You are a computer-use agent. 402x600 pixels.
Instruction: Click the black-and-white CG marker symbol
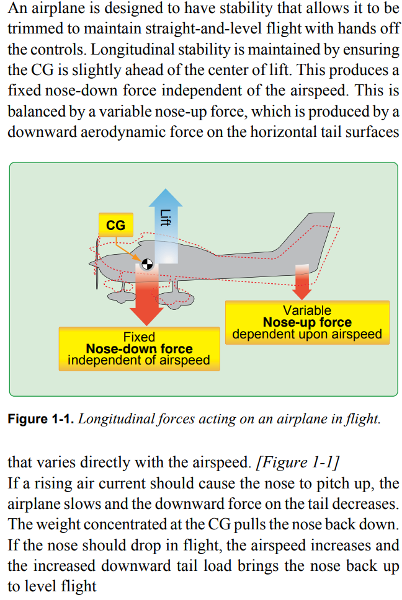[x=146, y=265]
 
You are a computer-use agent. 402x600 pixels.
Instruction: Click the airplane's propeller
[x=97, y=263]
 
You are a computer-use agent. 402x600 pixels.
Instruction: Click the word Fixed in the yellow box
[x=139, y=337]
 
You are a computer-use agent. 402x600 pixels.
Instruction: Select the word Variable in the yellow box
[x=307, y=311]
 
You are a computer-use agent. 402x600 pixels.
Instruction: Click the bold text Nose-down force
[x=139, y=348]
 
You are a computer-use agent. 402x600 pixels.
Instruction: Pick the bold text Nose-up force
[x=307, y=322]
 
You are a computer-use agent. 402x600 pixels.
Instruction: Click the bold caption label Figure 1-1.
[x=41, y=419]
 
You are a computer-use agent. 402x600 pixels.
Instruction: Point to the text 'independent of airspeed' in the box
[x=139, y=360]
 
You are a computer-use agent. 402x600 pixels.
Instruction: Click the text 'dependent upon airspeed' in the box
[x=307, y=335]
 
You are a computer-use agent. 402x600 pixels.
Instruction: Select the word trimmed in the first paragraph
[x=35, y=30]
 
